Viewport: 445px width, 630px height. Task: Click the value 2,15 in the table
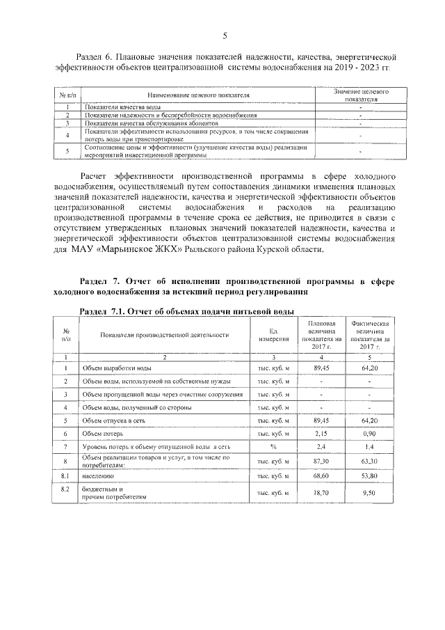321,433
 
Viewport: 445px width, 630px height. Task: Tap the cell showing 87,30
321,460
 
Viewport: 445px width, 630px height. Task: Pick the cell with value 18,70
321,493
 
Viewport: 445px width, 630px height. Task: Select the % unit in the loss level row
273,446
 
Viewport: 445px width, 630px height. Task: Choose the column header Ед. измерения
273,334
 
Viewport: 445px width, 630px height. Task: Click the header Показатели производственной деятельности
164,335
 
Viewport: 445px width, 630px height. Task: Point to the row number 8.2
65,489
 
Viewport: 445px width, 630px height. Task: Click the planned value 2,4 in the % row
321,446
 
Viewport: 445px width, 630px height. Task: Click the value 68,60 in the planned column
321,475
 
